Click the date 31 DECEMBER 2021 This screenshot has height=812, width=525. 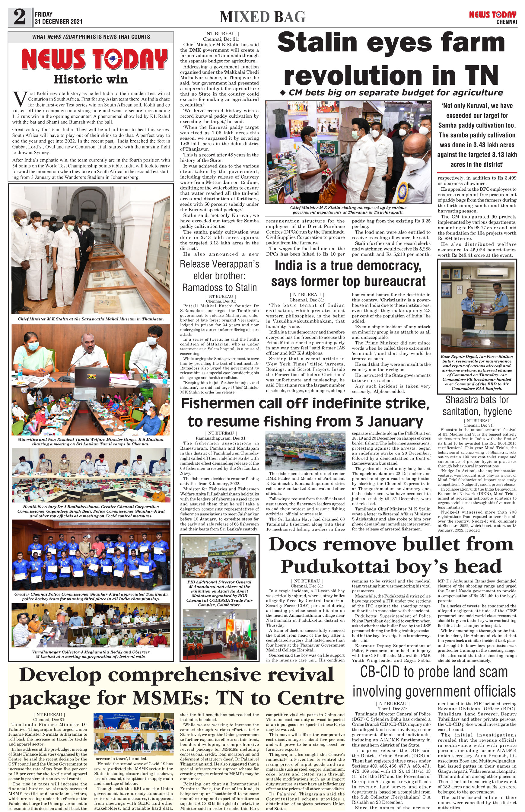pyautogui.click(x=58, y=21)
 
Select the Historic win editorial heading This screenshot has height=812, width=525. pyautogui.click(x=91, y=79)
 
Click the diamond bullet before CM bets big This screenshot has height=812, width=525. pyautogui.click(x=282, y=92)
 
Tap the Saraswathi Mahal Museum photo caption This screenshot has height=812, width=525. pyautogui.click(x=91, y=319)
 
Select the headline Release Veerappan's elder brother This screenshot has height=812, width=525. pyautogui.click(x=219, y=275)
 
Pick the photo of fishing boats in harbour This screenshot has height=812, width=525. pyautogui.click(x=305, y=450)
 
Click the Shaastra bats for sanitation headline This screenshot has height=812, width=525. pyautogui.click(x=477, y=405)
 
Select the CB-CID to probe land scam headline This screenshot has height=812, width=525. pyautogui.click(x=434, y=681)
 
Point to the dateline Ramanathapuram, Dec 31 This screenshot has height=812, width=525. pyautogui.click(x=221, y=438)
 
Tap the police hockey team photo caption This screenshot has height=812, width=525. pyautogui.click(x=91, y=596)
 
